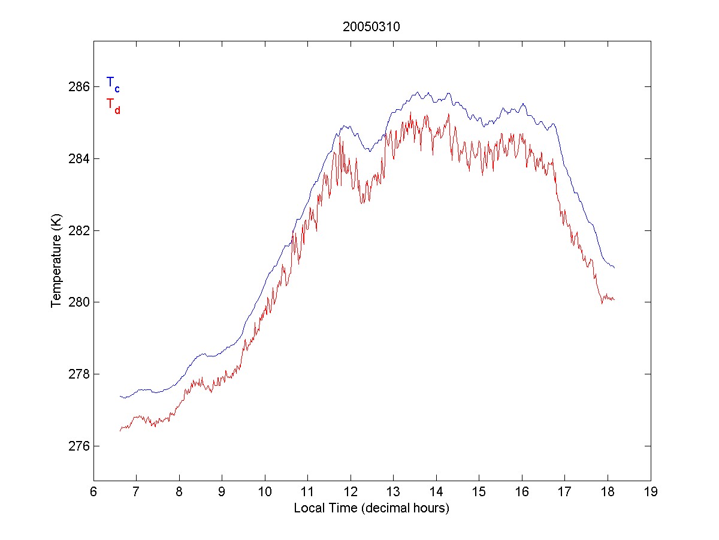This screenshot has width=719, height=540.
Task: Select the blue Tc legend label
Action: coord(113,83)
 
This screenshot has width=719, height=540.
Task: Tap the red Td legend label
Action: coord(113,105)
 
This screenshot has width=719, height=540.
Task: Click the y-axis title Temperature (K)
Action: coord(56,262)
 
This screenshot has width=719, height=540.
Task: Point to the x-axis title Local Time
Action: coord(371,508)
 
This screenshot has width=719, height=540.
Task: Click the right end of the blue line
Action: coord(614,267)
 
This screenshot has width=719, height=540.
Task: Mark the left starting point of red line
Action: coord(120,431)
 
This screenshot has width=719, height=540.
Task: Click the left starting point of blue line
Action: coord(120,396)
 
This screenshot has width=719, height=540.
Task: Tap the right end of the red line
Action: coord(614,299)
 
